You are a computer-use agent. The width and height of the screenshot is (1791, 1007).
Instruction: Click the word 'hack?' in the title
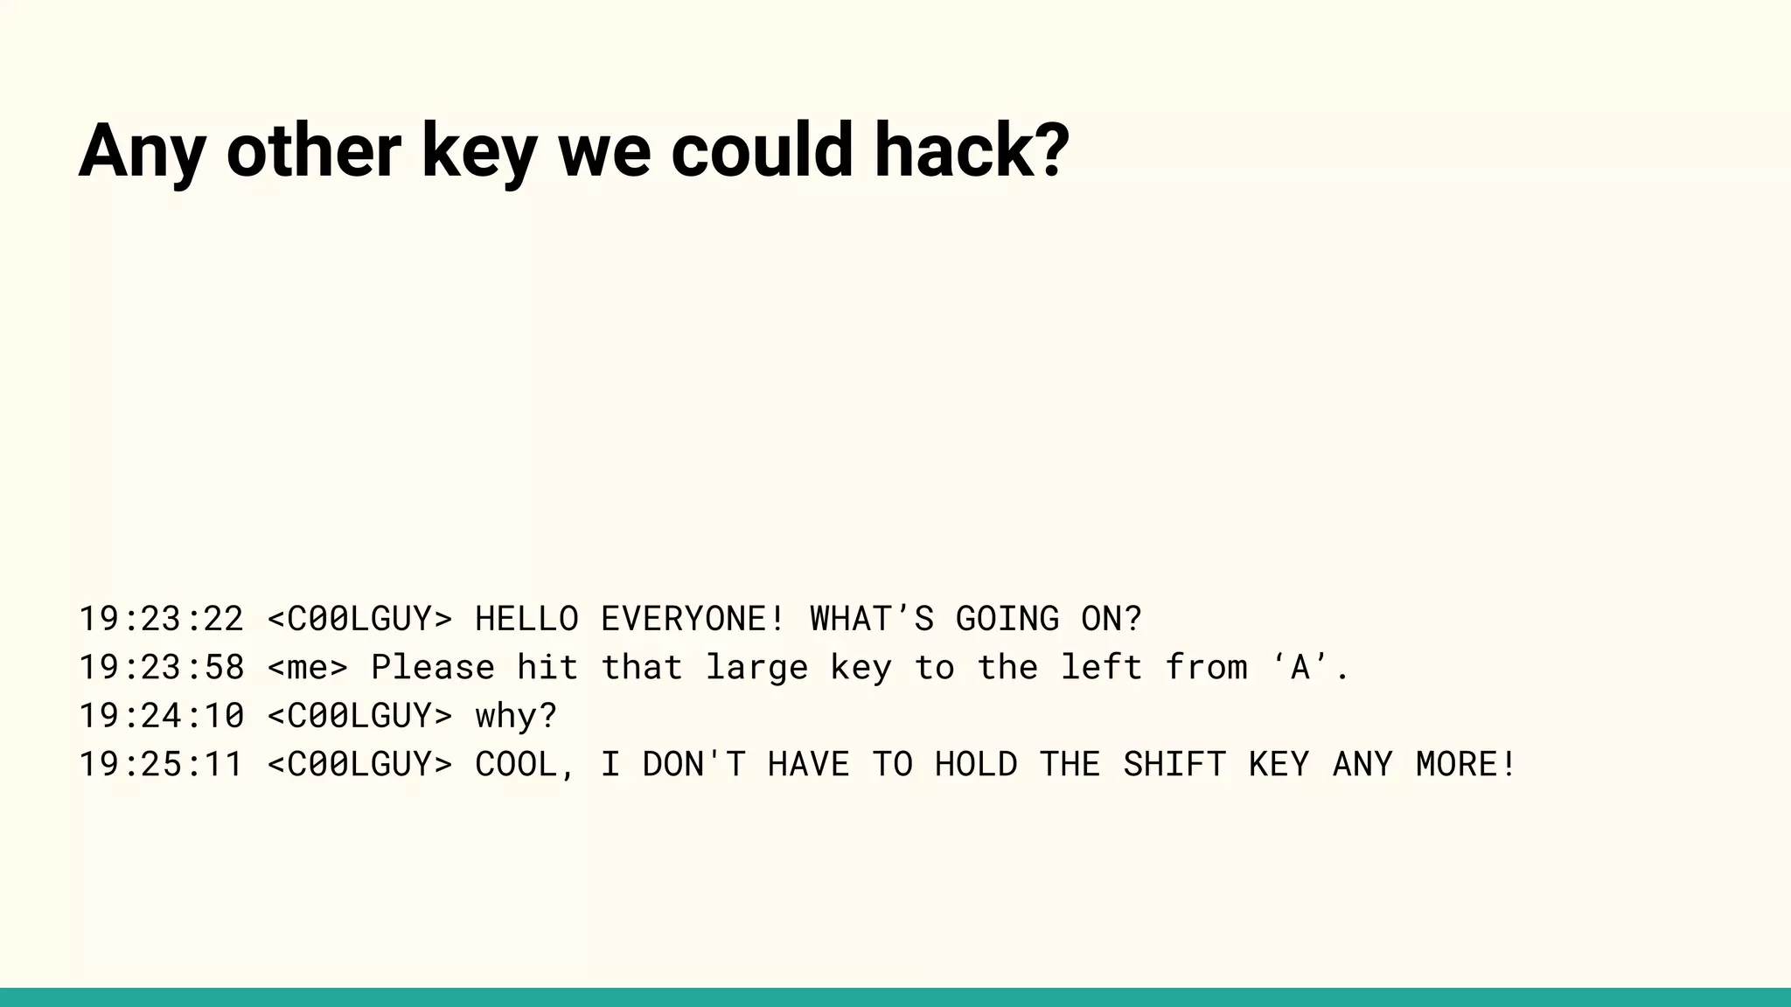pos(972,150)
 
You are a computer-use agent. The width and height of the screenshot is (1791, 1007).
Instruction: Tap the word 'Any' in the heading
pos(142,150)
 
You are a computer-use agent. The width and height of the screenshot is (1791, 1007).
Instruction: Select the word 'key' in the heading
pos(478,150)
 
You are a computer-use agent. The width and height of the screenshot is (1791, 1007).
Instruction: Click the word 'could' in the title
pos(761,150)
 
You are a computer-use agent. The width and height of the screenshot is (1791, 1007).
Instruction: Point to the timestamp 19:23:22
pos(162,619)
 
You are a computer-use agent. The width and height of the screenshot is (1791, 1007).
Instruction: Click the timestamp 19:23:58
pos(162,668)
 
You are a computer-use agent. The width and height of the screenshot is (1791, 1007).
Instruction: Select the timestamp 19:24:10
pos(162,716)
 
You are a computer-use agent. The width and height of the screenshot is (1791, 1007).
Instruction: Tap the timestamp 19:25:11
pos(162,764)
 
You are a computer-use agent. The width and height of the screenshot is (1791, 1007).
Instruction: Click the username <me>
pos(308,668)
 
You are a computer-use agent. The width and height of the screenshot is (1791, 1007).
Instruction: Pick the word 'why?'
pos(516,716)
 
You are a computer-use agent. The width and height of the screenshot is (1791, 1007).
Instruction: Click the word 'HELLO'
pos(526,619)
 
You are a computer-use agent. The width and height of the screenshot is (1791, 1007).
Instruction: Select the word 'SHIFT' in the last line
pos(1174,764)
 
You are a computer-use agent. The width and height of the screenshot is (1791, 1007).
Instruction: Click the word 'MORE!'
pos(1467,764)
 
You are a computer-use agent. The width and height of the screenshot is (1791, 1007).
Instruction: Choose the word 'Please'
pos(433,668)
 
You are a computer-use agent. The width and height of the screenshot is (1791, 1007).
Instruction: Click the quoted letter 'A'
pos(1300,668)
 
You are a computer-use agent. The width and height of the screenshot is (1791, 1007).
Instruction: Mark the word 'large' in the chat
pos(756,668)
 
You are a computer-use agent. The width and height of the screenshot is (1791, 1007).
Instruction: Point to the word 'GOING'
pos(1007,619)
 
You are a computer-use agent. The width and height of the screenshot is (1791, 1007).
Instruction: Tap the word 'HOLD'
pos(976,764)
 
